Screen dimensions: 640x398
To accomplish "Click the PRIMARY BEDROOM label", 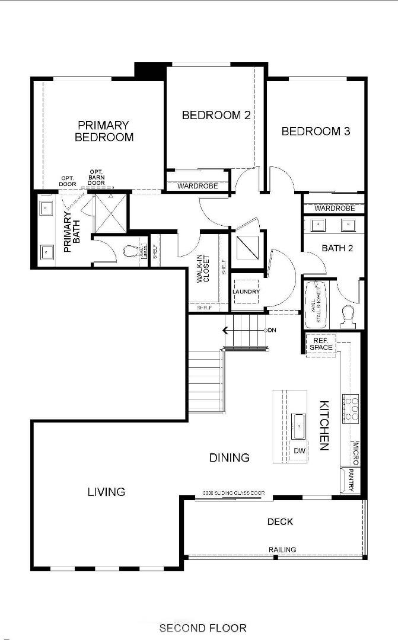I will coord(103,131).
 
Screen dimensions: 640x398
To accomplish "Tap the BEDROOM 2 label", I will coord(215,115).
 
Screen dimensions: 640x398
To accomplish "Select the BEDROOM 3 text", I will coord(316,131).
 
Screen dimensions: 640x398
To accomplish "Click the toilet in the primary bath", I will coord(132,252).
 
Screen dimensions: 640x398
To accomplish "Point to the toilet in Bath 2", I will coord(348,315).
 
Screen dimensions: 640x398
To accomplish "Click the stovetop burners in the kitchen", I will coord(352,409).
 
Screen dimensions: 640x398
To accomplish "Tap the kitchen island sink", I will coord(298,425).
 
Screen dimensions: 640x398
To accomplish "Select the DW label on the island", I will coord(300,451).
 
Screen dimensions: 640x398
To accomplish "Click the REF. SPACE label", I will coord(321,344).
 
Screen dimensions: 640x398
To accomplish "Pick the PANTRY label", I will coord(351,481).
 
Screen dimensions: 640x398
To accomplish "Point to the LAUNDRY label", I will coord(246,292).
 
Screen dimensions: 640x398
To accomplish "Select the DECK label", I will coord(280,521).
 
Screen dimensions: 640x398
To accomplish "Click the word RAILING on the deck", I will coord(282,550).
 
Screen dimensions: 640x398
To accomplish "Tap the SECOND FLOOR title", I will coord(202,628).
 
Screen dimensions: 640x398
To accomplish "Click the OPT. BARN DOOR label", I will coord(96,177).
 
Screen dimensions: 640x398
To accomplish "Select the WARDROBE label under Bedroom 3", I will coord(335,208).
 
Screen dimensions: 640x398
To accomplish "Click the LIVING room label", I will coord(107,491).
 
